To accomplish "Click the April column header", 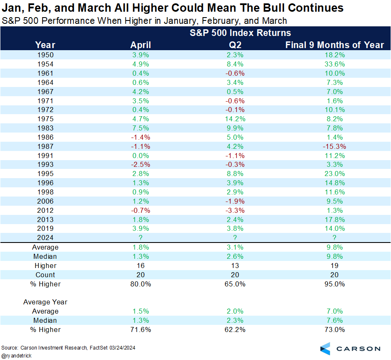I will (x=141, y=45).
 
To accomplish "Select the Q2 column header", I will (x=236, y=45).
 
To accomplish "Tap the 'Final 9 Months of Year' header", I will (x=335, y=45).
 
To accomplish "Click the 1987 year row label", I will (x=45, y=146).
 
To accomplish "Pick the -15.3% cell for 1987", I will (x=333, y=146).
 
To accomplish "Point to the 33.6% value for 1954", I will (x=333, y=64).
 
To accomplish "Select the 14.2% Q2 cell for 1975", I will (x=236, y=119).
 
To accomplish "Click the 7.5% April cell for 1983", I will (x=141, y=128).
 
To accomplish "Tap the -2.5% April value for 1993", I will (x=141, y=165).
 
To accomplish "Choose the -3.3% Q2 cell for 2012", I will (x=236, y=210).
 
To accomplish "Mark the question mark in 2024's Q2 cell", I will (x=236, y=238).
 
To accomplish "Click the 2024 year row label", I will (x=45, y=238).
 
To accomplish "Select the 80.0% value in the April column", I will (x=141, y=284).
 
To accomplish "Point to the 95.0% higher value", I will (x=333, y=284).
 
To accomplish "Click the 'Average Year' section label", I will (x=45, y=302).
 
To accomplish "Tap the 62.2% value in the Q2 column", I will (x=236, y=329).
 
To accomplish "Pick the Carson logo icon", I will (x=325, y=348).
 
